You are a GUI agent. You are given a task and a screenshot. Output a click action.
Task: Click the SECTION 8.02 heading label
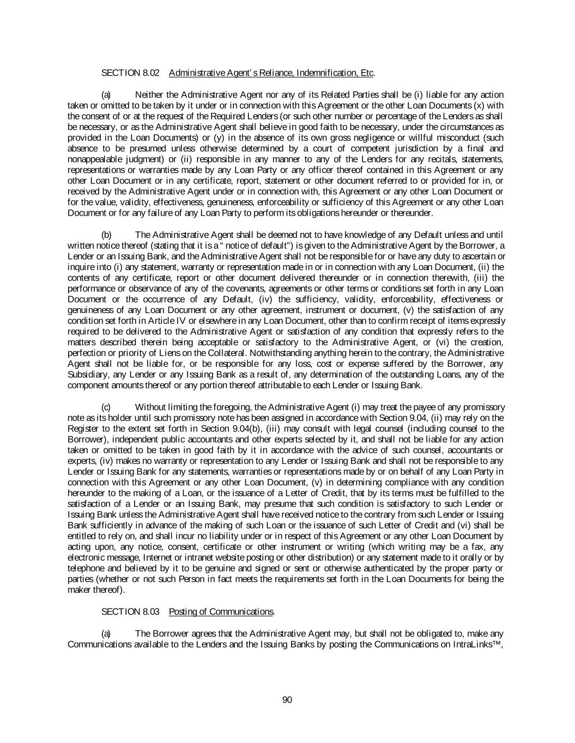[130, 73]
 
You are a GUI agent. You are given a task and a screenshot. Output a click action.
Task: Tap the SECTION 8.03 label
[130, 612]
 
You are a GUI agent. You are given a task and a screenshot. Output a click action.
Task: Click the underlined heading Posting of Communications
[221, 612]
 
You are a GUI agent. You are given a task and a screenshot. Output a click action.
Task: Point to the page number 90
[287, 700]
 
